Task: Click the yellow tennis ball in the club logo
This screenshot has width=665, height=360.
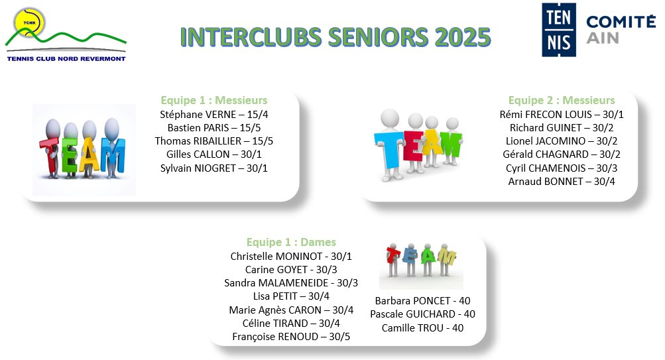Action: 29,22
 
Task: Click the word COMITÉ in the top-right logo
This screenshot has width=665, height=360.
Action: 621,22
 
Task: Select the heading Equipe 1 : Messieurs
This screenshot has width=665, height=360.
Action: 213,100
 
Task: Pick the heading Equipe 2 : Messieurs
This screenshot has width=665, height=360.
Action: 562,100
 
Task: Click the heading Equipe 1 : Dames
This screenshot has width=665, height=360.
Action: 291,242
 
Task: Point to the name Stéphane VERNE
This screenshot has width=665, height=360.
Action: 198,115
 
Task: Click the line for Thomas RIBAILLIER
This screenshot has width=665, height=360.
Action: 213,141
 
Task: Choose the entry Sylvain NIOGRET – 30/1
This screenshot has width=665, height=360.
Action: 213,168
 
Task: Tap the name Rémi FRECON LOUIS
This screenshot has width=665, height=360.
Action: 546,115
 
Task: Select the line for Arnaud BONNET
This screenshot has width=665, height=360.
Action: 562,182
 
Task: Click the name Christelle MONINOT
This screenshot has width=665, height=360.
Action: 276,257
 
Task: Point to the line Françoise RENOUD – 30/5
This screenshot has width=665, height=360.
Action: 291,337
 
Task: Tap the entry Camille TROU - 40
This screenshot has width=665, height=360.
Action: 422,328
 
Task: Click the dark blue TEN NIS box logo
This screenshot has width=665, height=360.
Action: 559,30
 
